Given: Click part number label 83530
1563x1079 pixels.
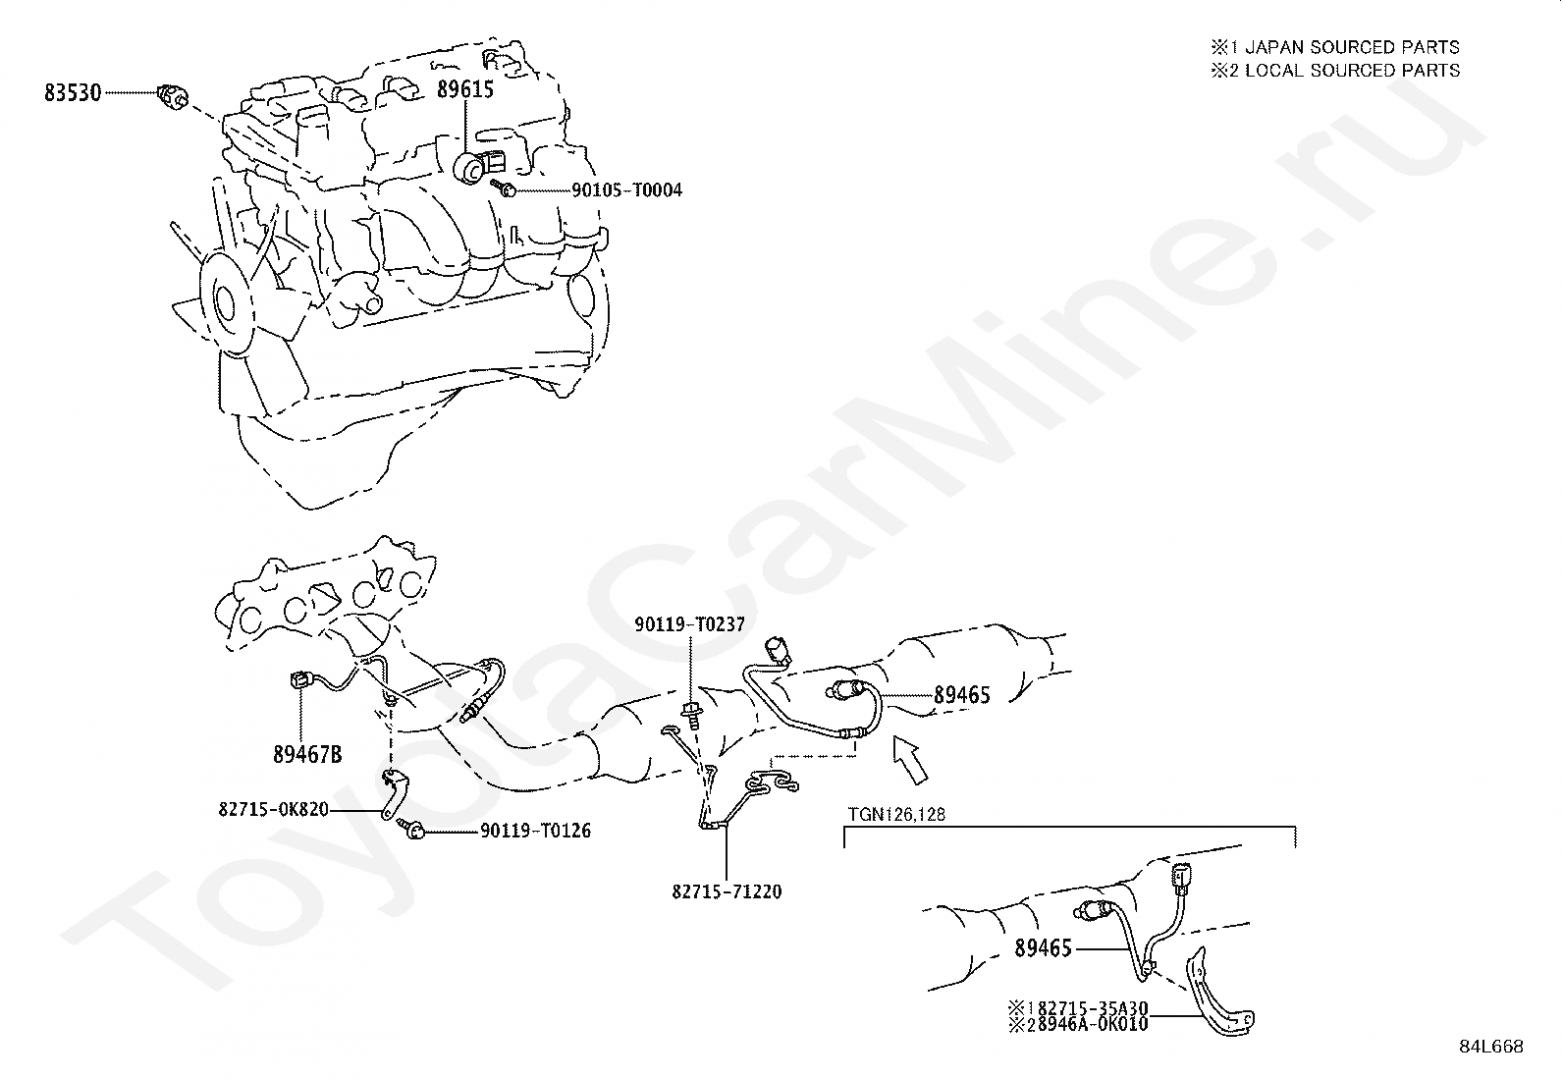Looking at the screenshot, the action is [x=73, y=93].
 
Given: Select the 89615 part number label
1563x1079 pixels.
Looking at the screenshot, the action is [x=465, y=89].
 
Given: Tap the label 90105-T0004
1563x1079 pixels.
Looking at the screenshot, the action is [x=626, y=189].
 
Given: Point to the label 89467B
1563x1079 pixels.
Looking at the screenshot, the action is [x=307, y=754].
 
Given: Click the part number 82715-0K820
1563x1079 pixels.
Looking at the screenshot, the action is [x=274, y=810].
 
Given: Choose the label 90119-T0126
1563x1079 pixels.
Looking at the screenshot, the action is [x=536, y=831].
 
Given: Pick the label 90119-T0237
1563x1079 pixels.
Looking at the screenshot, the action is [x=690, y=623].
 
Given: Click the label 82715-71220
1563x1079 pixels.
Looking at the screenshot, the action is [x=728, y=892].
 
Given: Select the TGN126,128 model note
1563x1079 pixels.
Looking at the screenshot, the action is [x=897, y=814].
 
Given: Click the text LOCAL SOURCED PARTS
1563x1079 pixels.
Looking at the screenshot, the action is [x=1351, y=71].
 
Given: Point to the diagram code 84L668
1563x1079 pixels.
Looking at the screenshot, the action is [x=1490, y=1048].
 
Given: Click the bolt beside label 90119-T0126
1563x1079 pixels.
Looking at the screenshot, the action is [x=414, y=831].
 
